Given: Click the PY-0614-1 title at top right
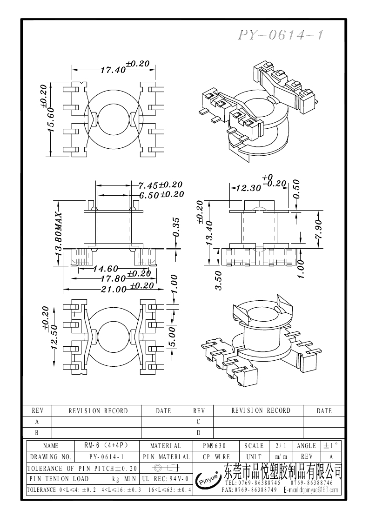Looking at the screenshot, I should coord(281,36).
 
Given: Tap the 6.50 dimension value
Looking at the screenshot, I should coord(149,195).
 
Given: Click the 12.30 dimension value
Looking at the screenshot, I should coord(248,188).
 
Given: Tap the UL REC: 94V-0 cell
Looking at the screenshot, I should coord(165,478).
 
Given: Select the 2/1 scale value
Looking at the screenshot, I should coord(281,445).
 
